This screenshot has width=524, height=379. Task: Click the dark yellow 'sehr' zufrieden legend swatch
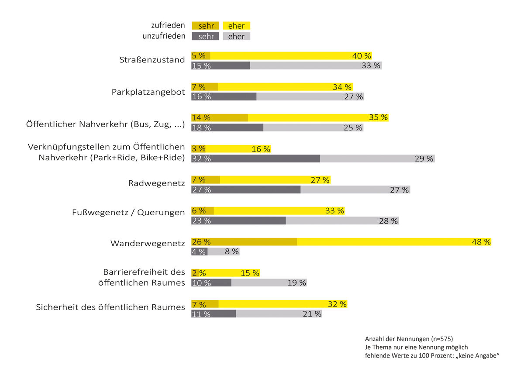[205, 26]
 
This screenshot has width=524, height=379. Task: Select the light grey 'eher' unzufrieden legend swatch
[236, 37]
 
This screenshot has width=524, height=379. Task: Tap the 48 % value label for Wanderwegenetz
[481, 242]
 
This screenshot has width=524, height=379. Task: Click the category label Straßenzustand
[152, 60]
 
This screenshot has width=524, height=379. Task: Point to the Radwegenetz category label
[156, 183]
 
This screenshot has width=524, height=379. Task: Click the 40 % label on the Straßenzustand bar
[362, 56]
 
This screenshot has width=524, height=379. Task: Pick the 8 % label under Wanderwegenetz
[231, 252]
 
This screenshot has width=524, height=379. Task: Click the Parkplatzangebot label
[148, 92]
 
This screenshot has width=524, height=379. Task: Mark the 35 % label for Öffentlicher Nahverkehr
[378, 117]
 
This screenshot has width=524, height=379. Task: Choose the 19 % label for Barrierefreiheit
[297, 283]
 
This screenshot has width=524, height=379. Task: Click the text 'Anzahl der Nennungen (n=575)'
[409, 338]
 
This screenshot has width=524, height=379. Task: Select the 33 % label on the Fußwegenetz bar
[334, 211]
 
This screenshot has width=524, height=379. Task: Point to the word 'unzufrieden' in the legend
[163, 36]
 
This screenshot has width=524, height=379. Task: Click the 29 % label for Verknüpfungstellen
[424, 159]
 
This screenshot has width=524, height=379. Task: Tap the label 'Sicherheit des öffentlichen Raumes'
[110, 307]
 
